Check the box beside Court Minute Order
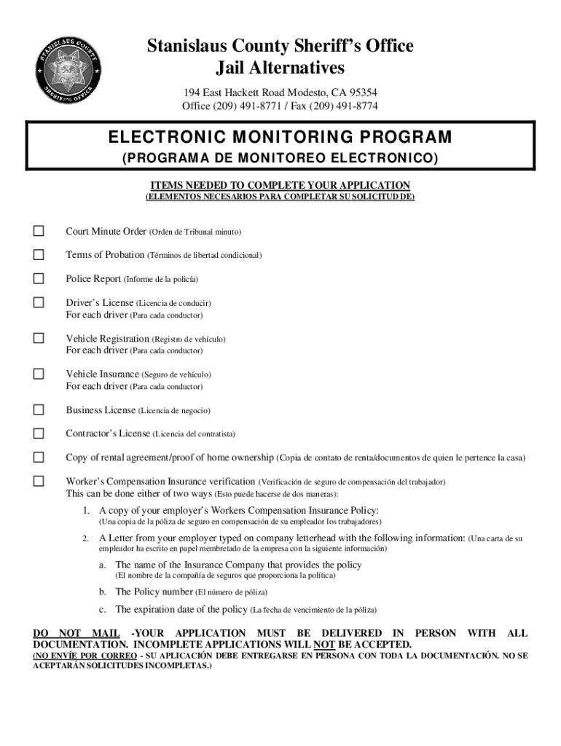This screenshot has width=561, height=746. pos(38,232)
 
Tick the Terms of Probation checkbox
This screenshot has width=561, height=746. pos(38,255)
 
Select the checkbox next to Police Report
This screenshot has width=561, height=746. pos(38,278)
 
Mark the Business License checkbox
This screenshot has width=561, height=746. pos(38,410)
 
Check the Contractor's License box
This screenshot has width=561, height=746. pos(38,433)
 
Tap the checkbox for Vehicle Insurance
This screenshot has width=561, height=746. pos(38,374)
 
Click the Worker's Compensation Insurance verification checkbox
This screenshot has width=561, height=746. pos(38,482)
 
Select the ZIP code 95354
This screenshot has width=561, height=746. pos(362,93)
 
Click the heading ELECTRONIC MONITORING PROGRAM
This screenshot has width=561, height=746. pos(280,138)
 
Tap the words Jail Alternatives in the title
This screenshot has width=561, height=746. pos(280,68)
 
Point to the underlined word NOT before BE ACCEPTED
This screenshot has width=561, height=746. pos(323,645)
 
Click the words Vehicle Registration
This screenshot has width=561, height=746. pos(107,339)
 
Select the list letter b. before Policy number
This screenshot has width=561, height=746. pos(103,592)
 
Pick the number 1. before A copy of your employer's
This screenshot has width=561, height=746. pos(86,510)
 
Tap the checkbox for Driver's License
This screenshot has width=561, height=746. pos(38,302)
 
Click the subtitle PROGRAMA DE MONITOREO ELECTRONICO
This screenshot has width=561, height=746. pos(280,158)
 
